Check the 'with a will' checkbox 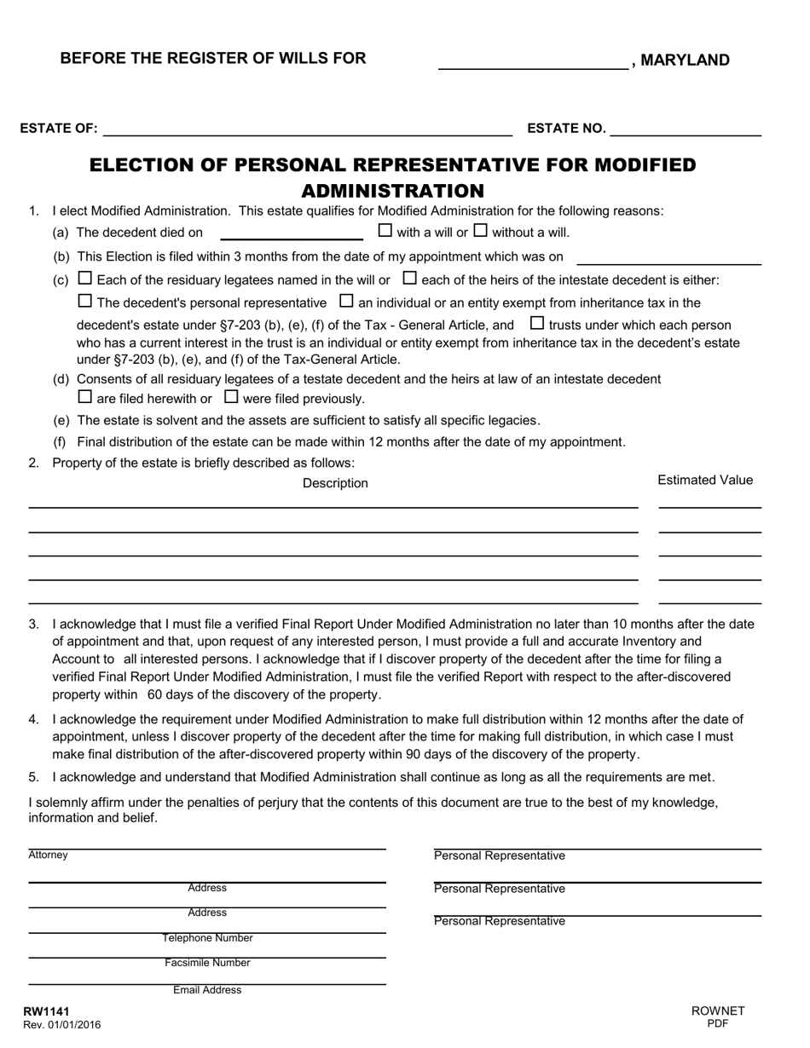[x=385, y=230]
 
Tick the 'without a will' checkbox [x=481, y=230]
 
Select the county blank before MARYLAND [x=533, y=60]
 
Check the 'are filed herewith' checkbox [x=84, y=396]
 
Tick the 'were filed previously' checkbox [x=231, y=396]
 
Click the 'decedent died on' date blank [x=291, y=232]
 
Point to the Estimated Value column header [x=705, y=481]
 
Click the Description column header [x=335, y=483]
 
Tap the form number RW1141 [x=46, y=1011]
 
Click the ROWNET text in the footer [x=718, y=1011]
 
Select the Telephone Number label [x=207, y=938]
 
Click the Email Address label [x=207, y=990]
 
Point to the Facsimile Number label [x=207, y=963]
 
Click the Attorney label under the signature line [x=48, y=855]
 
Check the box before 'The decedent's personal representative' [x=84, y=301]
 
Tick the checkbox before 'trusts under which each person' [x=537, y=323]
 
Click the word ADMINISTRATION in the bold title [x=393, y=190]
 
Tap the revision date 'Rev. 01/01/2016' [x=61, y=1025]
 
